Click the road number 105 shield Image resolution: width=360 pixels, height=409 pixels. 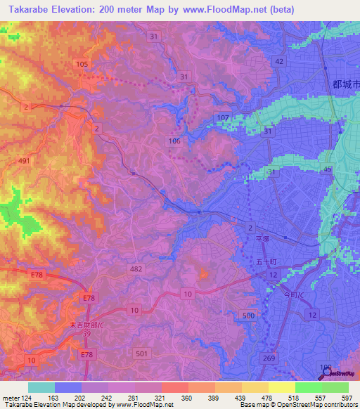coord(81,64)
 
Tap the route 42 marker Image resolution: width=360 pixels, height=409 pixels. coord(279,62)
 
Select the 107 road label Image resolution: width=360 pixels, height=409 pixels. coord(224,117)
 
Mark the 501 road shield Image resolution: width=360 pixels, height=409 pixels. coord(141,353)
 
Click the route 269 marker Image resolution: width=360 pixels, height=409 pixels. coord(269,359)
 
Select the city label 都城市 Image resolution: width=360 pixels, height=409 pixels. coord(345,84)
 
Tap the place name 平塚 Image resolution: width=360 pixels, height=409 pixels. coord(262,239)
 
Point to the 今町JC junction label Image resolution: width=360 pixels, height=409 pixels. coord(290,294)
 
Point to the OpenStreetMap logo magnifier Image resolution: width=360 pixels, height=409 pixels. coord(325,375)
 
